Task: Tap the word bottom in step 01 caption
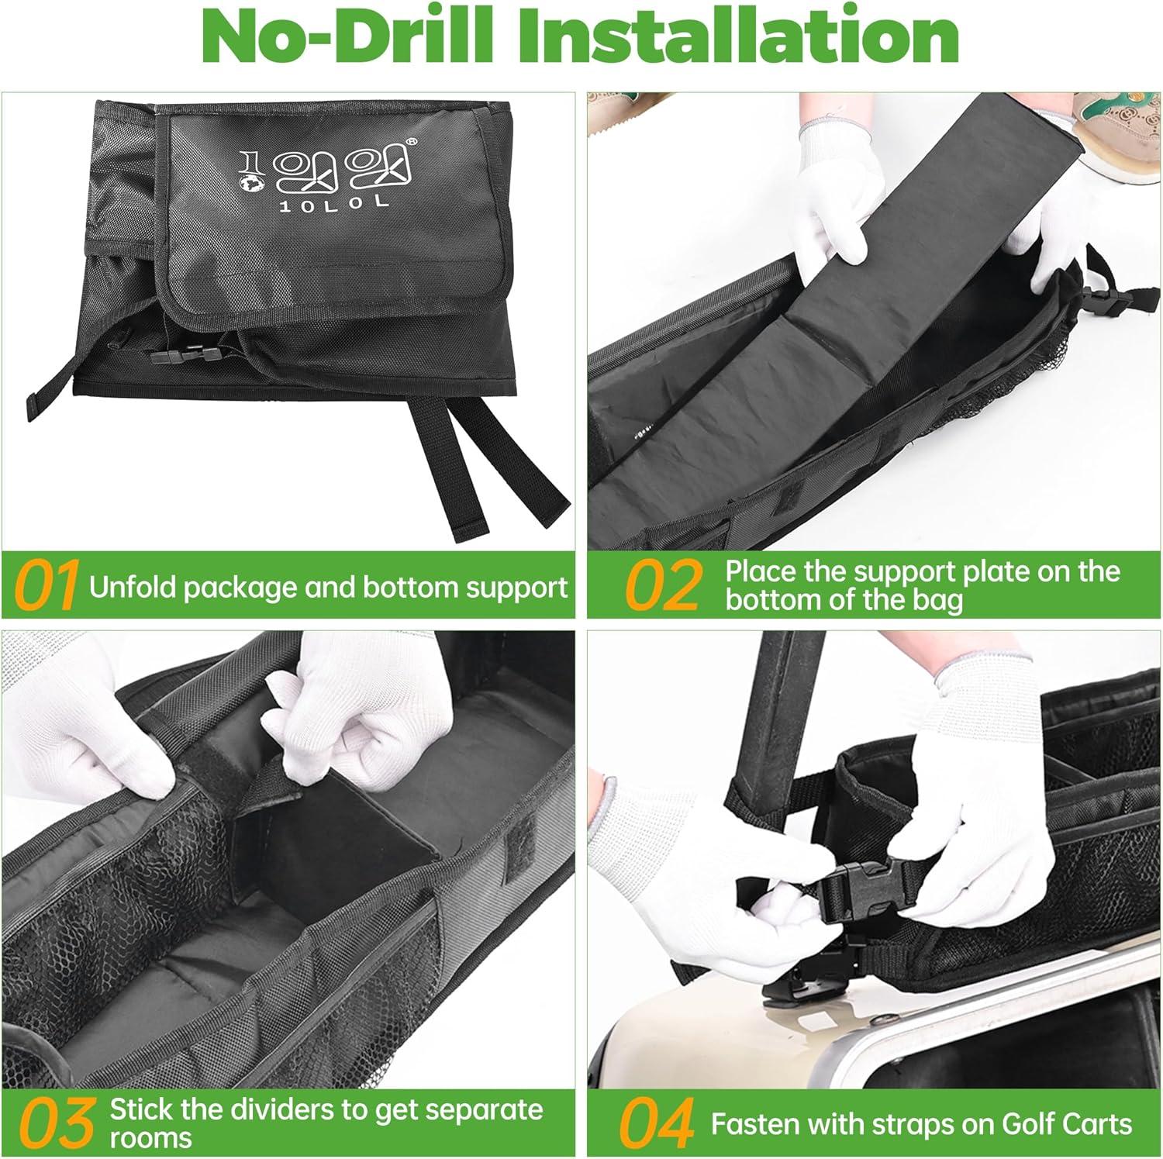coord(410,587)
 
